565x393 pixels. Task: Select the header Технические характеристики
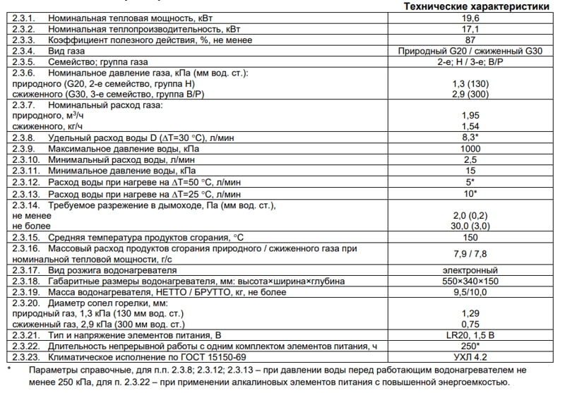click(475, 6)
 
